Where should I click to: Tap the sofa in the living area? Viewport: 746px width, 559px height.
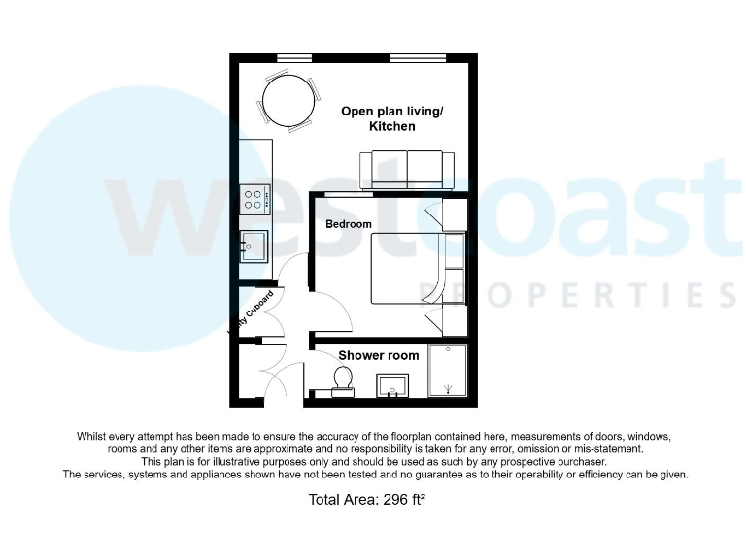click(406, 171)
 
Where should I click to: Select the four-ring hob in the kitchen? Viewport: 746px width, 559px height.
click(255, 199)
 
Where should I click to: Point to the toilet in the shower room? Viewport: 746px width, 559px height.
click(343, 379)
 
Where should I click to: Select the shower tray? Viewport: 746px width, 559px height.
click(448, 370)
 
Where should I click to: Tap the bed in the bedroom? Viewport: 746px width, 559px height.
click(408, 268)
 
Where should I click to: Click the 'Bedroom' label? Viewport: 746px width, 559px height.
click(349, 225)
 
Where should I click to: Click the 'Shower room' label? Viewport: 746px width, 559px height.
click(379, 355)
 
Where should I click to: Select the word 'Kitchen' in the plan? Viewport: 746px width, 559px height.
click(391, 127)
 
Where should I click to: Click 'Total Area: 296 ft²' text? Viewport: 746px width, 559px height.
click(367, 501)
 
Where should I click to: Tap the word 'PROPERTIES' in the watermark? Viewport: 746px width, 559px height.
click(574, 292)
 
